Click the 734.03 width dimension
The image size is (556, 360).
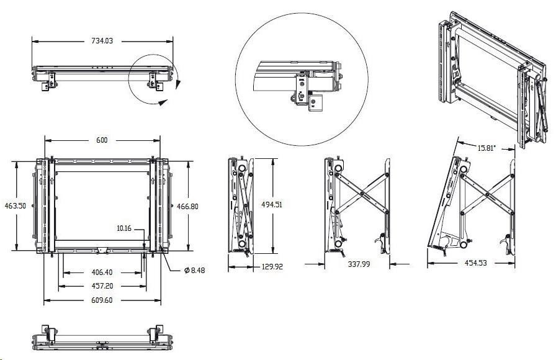(101, 41)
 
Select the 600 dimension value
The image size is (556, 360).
(101, 140)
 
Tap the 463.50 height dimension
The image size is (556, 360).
(15, 205)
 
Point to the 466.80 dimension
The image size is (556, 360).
(187, 206)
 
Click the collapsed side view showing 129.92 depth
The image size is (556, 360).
(242, 205)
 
